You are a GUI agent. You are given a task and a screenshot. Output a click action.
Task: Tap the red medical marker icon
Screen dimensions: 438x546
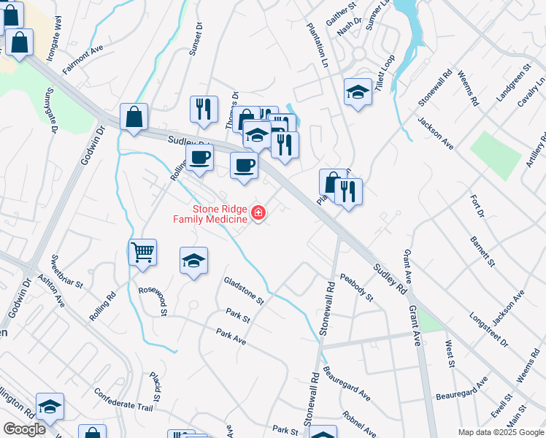258,213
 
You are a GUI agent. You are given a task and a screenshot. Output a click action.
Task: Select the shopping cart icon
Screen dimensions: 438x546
142,253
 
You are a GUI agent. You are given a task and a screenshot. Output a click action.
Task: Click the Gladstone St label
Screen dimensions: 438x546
243,290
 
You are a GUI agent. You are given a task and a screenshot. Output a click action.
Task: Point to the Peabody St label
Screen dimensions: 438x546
357,288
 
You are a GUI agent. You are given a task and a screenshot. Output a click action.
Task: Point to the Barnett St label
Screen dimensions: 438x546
482,250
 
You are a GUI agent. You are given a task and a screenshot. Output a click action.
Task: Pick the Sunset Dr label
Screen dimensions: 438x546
196,38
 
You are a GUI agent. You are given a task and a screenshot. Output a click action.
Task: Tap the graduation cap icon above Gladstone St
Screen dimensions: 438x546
193,260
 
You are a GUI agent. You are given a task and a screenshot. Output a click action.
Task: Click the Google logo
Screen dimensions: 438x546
24,429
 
